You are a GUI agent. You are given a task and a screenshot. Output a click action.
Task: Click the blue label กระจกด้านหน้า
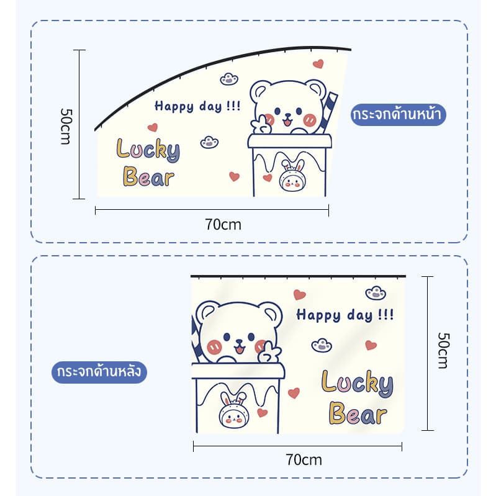coord(398,114)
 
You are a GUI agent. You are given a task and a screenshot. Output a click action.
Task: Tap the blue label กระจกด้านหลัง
coord(99,372)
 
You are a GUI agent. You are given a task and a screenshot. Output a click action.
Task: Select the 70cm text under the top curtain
coord(223,225)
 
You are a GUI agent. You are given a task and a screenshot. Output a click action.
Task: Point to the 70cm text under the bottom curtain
coord(304,460)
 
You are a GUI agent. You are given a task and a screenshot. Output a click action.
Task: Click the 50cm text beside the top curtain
coord(66,127)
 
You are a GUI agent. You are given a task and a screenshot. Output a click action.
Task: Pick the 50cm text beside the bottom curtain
coord(443,351)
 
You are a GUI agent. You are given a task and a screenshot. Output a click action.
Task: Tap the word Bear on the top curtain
coord(148,176)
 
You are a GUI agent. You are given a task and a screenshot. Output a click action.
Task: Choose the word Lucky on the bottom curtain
coord(358,384)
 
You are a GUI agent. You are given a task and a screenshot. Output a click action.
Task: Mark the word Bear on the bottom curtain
coord(358,413)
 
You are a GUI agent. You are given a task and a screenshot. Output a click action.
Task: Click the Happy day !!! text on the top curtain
coord(197,106)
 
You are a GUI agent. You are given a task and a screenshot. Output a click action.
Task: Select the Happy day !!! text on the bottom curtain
coord(345,315)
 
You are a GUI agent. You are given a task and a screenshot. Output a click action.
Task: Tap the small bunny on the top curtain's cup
coord(291,176)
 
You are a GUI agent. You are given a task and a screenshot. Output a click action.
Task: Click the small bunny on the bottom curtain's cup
coord(234,410)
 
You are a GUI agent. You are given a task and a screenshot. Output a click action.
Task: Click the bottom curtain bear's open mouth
coord(239,349)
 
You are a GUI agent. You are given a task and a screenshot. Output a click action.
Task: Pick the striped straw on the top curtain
coord(328,113)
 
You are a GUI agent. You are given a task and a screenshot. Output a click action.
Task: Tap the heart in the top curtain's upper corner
coord(318,63)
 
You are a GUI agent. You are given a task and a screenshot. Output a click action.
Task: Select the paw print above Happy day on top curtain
coord(229,79)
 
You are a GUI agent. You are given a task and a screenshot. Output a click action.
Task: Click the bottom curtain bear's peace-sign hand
coord(269,352)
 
